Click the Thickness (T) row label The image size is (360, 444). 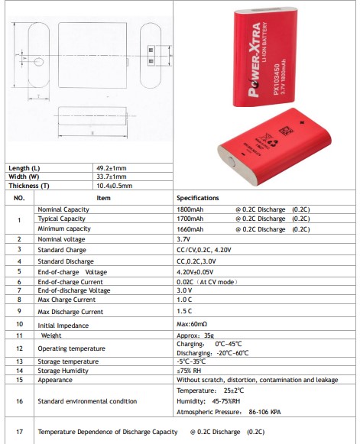[x=29, y=186]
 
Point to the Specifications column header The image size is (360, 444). [x=198, y=198]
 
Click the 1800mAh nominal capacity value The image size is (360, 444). [x=190, y=209]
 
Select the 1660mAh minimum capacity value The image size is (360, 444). [x=190, y=228]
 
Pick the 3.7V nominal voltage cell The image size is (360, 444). [x=183, y=239]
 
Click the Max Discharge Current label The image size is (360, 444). [x=70, y=312]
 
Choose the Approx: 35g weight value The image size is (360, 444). [x=194, y=335]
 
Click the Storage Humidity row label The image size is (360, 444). [x=63, y=371]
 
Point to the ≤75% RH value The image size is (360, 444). [x=188, y=371]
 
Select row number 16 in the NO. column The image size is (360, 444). [x=19, y=400]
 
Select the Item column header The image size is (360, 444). [x=103, y=198]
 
